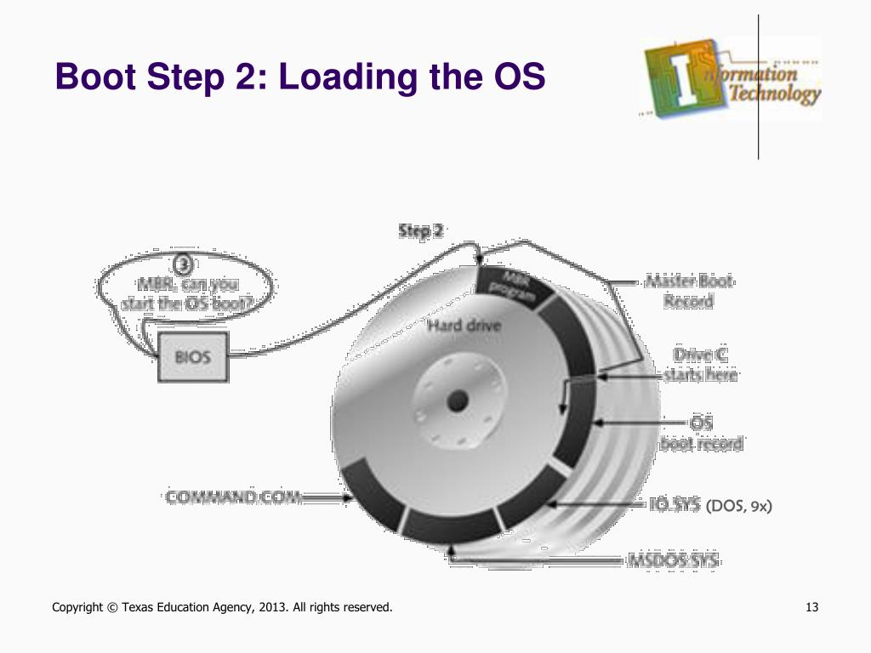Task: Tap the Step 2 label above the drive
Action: (420, 231)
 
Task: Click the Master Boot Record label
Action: (688, 291)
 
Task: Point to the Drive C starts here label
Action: (700, 364)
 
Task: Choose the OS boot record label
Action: (702, 433)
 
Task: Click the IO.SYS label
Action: (674, 506)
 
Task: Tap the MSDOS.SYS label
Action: (673, 561)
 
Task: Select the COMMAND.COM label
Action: (234, 497)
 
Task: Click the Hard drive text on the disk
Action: (464, 325)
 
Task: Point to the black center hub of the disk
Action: (458, 399)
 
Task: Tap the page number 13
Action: (811, 607)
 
